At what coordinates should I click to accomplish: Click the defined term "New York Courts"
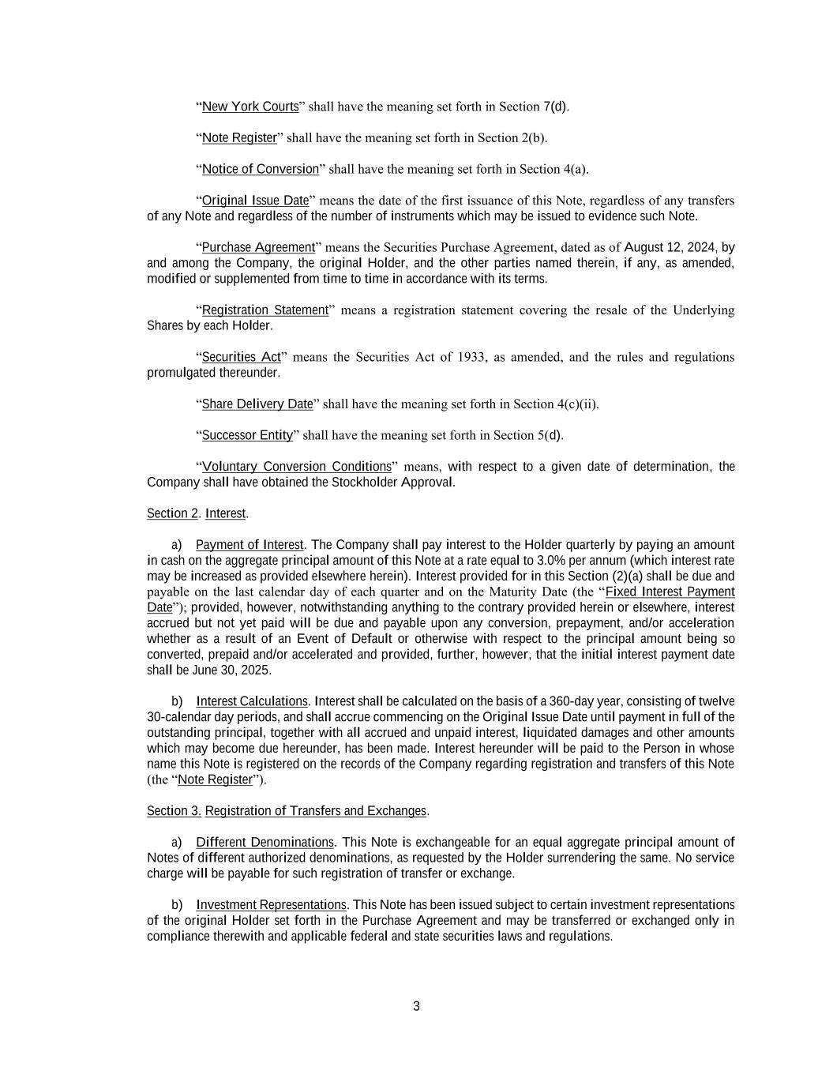click(250, 107)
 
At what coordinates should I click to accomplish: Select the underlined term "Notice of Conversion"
click(261, 169)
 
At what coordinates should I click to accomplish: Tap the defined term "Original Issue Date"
click(255, 201)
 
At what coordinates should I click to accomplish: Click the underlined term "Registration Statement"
click(265, 310)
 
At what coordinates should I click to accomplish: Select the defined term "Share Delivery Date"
click(257, 404)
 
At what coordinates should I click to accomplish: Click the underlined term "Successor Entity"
click(247, 435)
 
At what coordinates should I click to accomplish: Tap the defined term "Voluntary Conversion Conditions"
click(296, 467)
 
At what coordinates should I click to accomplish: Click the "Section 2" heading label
click(172, 513)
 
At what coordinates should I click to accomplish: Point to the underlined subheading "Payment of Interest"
click(250, 545)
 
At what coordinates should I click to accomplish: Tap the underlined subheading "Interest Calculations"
click(252, 701)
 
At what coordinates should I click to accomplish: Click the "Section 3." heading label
click(174, 811)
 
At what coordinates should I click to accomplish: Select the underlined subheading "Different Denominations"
click(265, 842)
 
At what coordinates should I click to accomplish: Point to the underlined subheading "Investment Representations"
click(271, 905)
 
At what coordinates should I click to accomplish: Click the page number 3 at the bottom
click(416, 1006)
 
